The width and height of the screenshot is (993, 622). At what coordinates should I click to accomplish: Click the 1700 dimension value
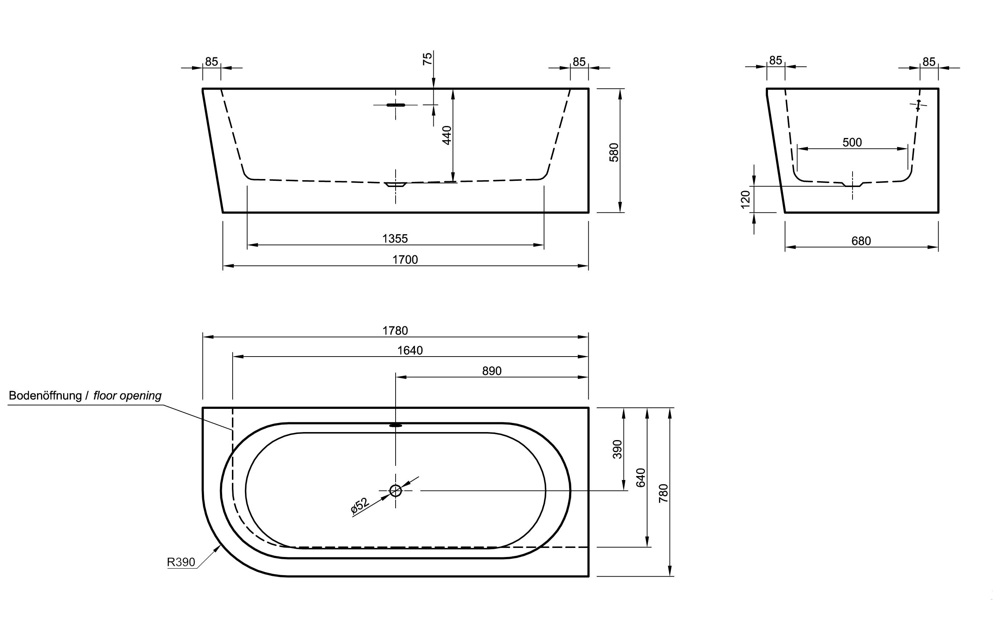[405, 260]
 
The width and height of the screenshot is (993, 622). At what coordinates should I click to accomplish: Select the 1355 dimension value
[395, 239]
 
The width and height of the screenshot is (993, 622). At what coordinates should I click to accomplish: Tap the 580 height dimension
[614, 152]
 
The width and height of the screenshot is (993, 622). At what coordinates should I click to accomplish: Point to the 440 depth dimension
[447, 135]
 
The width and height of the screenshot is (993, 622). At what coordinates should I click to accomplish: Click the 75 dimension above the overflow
[428, 58]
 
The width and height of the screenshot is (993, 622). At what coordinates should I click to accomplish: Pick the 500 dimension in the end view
[852, 142]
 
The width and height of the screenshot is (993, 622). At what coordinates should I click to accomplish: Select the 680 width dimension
[861, 241]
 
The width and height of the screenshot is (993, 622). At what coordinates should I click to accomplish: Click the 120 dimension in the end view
[745, 199]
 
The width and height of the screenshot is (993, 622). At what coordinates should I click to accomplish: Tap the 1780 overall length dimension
[395, 330]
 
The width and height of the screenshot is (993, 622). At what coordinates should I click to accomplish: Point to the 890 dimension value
[492, 371]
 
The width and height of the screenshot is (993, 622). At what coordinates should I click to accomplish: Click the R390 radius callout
[181, 562]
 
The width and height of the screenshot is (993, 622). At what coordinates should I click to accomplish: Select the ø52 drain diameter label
[360, 505]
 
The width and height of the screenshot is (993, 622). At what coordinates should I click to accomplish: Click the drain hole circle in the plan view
[396, 490]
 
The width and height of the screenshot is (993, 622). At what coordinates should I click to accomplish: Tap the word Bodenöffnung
[45, 395]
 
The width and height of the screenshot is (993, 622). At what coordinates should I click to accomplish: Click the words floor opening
[127, 395]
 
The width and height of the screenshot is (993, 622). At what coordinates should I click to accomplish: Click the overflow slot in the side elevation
[396, 105]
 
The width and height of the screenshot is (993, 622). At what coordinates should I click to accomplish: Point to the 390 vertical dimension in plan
[618, 449]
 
